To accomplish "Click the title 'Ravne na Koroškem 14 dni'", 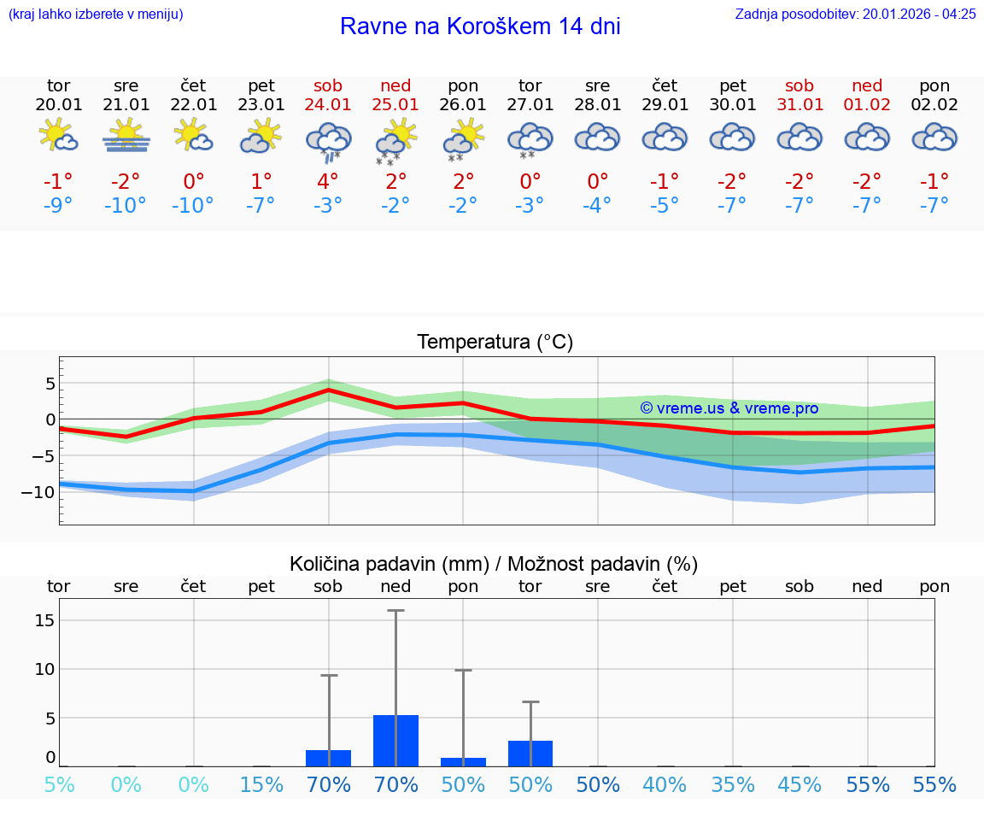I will [480, 26].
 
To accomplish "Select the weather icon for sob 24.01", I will [329, 141].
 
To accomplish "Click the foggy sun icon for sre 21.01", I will [126, 136].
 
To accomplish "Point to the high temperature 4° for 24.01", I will [328, 182].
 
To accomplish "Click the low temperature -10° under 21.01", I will [126, 206].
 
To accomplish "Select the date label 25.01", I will [395, 105].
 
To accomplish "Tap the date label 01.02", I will [867, 105].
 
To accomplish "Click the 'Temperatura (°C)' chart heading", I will [495, 343].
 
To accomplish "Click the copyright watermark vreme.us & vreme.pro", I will [729, 408].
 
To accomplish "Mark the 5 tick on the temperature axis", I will [50, 384].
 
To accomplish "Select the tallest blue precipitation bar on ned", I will [395, 741].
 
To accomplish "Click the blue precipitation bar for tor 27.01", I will [530, 754].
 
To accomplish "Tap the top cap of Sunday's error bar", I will [395, 611].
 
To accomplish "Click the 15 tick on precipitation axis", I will [44, 620].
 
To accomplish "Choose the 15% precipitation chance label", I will [261, 785].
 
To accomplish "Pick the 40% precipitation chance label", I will [665, 785].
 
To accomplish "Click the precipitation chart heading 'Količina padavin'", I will [495, 564].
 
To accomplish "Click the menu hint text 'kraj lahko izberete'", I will [96, 14].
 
